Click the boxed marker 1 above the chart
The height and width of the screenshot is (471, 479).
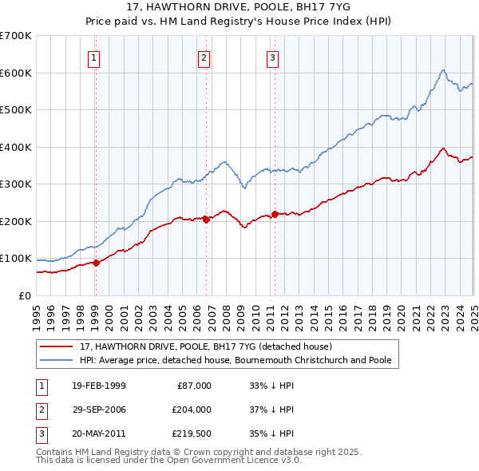[94, 57]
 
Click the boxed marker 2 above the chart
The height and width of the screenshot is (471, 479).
[204, 57]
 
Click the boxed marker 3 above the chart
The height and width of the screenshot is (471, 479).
[272, 57]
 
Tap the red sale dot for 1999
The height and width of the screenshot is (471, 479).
[96, 263]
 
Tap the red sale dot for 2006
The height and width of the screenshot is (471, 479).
[206, 220]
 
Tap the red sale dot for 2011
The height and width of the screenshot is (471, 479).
[274, 214]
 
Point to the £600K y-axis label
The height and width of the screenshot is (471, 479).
[16, 73]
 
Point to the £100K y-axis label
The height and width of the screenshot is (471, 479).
[16, 259]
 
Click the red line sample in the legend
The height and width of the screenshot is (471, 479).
[57, 346]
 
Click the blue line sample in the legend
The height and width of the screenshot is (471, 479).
[57, 360]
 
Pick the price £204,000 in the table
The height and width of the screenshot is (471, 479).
[191, 410]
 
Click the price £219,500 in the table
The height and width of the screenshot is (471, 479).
[191, 433]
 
